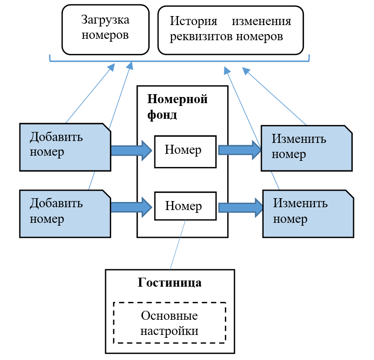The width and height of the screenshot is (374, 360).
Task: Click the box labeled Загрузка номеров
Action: click(105, 29)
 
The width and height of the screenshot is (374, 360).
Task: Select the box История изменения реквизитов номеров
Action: click(230, 30)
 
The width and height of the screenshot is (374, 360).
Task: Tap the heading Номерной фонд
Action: click(178, 106)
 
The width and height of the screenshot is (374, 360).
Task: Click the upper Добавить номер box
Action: click(65, 147)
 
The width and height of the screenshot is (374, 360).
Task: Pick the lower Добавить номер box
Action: click(65, 213)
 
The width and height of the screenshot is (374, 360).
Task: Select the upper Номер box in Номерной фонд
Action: click(185, 151)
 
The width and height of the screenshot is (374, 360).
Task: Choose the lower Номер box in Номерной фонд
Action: click(185, 206)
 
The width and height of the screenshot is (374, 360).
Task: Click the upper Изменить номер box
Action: click(306, 148)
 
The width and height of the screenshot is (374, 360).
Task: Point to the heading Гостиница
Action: click(169, 283)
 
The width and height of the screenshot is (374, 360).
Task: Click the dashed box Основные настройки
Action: click(169, 323)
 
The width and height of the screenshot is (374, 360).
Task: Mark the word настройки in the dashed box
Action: click(169, 331)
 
